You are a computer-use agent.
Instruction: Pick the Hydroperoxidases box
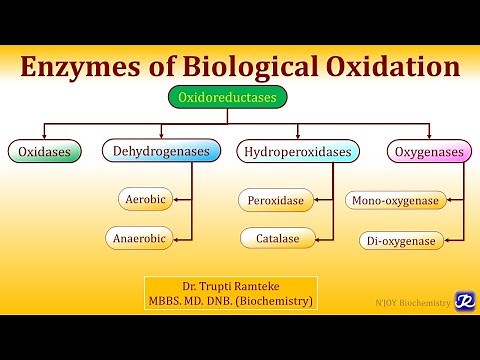[297, 152]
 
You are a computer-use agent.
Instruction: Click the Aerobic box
[144, 200]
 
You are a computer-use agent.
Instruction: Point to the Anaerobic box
[139, 238]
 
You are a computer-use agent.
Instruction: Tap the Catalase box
[272, 238]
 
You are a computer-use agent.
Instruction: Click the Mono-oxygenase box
[395, 201]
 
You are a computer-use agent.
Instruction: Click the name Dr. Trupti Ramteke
[231, 286]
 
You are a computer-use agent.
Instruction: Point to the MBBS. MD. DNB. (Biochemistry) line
[231, 301]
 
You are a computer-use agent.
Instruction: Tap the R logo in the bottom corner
[464, 300]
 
